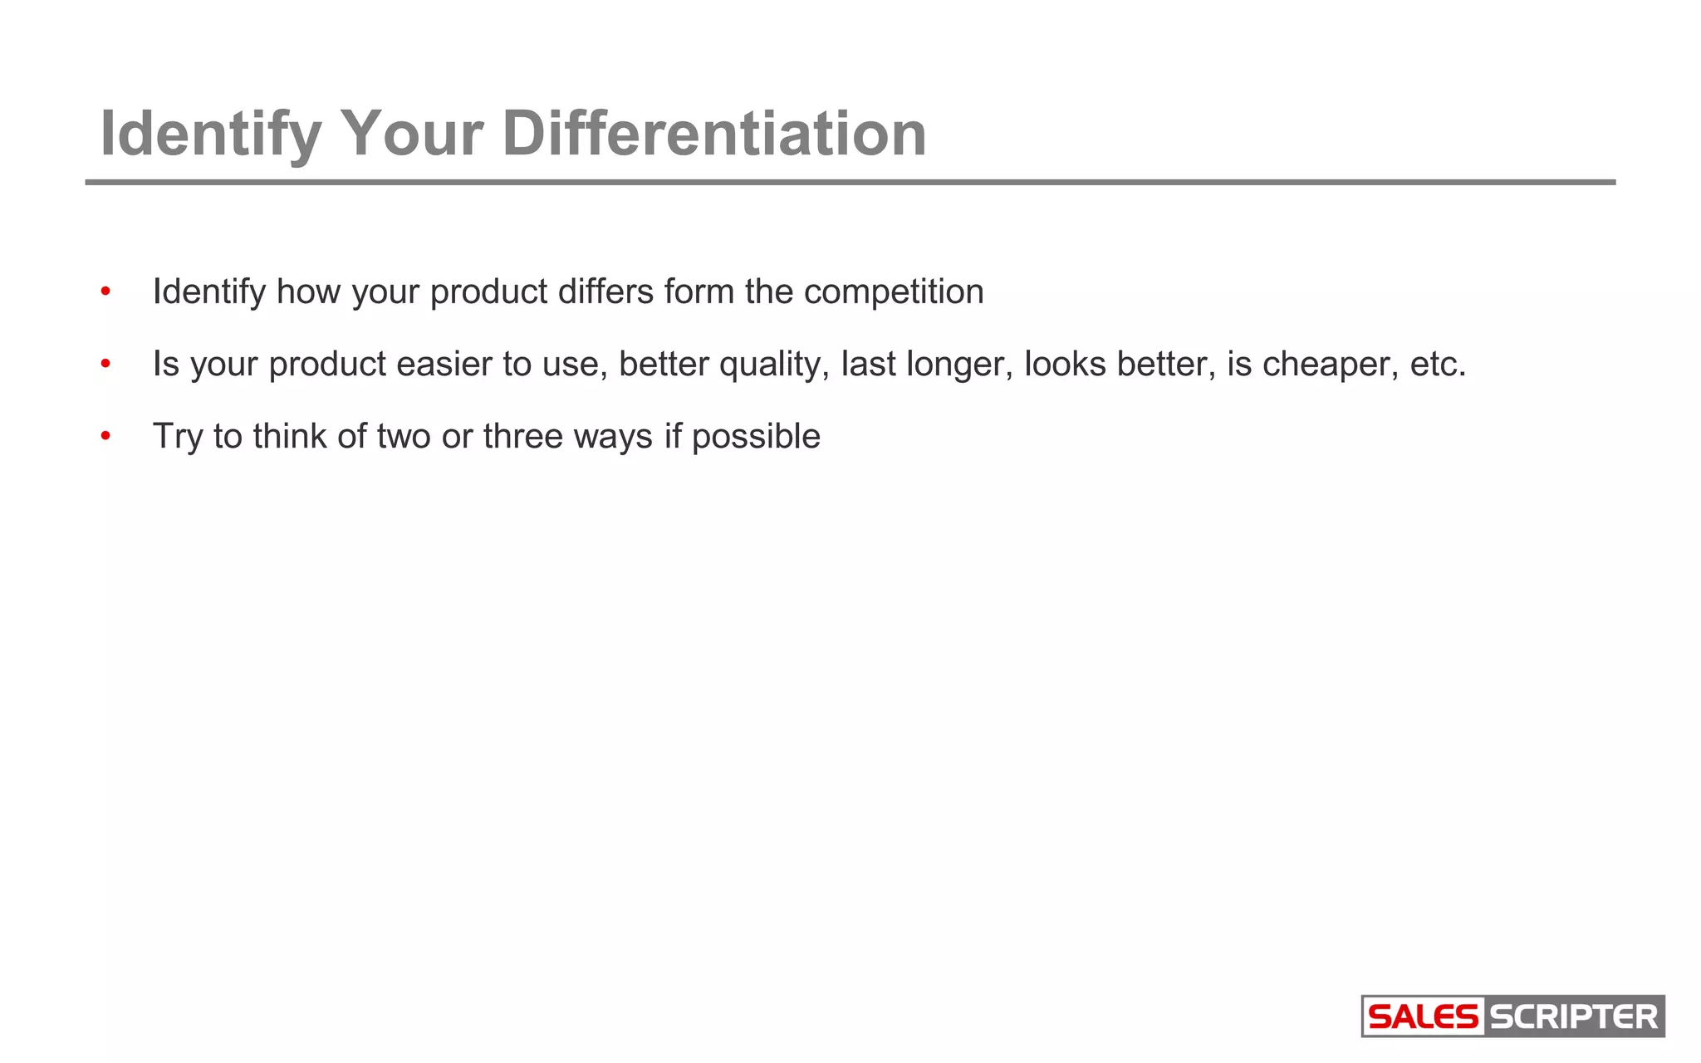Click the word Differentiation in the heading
coord(714,134)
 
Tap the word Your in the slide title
coord(411,134)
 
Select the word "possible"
coord(756,436)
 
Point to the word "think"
coord(290,436)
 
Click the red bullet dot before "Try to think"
coord(105,437)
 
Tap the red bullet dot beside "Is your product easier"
coord(105,365)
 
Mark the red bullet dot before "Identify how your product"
coord(105,292)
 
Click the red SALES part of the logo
coord(1423,1016)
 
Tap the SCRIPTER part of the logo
coord(1574,1016)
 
